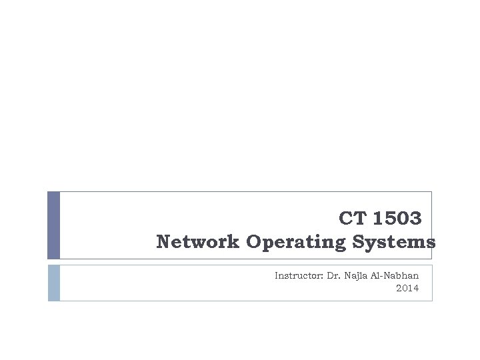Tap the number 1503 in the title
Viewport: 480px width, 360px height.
(x=397, y=218)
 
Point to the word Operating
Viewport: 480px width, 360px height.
(x=296, y=243)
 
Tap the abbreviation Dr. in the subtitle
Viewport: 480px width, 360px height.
(x=333, y=275)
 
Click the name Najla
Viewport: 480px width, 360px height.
(x=355, y=276)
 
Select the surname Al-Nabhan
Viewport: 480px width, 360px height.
(x=395, y=275)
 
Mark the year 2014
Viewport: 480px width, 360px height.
(x=407, y=288)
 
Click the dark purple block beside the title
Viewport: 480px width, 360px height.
(x=54, y=225)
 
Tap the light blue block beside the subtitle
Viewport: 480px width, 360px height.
(x=54, y=283)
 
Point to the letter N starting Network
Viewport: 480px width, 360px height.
(x=163, y=241)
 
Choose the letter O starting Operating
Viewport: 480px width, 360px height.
(x=253, y=241)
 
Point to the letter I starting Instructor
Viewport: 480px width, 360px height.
(x=277, y=275)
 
